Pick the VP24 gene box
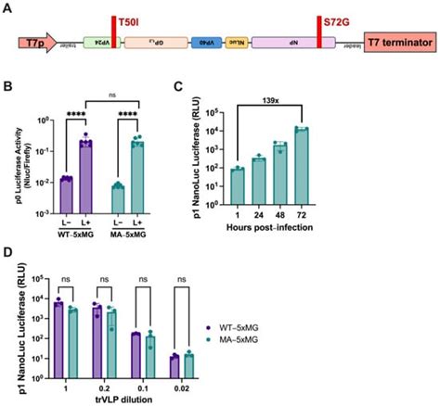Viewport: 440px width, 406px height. (x=97, y=44)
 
